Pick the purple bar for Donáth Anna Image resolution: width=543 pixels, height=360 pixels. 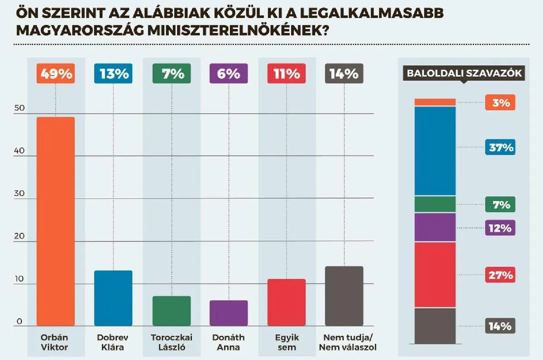(229, 313)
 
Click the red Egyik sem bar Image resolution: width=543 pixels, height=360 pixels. (286, 302)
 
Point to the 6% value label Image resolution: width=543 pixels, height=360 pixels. (229, 74)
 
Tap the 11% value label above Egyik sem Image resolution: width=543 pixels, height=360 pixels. (286, 74)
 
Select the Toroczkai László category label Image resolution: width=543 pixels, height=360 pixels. (171, 342)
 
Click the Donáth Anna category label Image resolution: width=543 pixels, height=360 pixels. (229, 342)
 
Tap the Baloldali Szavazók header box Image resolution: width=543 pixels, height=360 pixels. (464, 73)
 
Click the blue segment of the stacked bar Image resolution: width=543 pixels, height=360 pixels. (435, 151)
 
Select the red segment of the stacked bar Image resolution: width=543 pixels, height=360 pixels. (435, 275)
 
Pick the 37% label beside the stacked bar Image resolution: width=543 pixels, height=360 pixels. (500, 148)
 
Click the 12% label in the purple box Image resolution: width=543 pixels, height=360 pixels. (500, 228)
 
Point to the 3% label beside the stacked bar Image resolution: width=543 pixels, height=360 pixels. (500, 103)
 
